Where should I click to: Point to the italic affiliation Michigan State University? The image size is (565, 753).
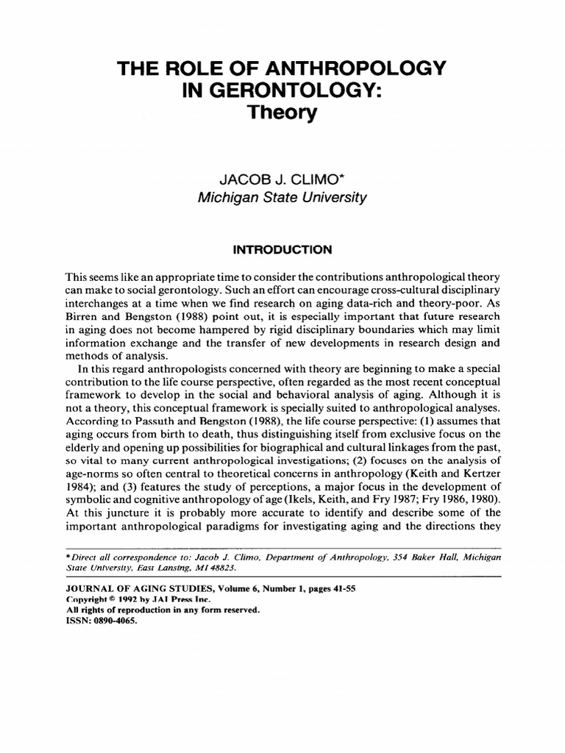click(x=282, y=198)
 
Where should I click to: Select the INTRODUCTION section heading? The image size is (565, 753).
click(x=282, y=250)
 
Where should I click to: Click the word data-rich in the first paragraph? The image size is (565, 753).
click(x=380, y=304)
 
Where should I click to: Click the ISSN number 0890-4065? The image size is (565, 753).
click(x=115, y=620)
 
